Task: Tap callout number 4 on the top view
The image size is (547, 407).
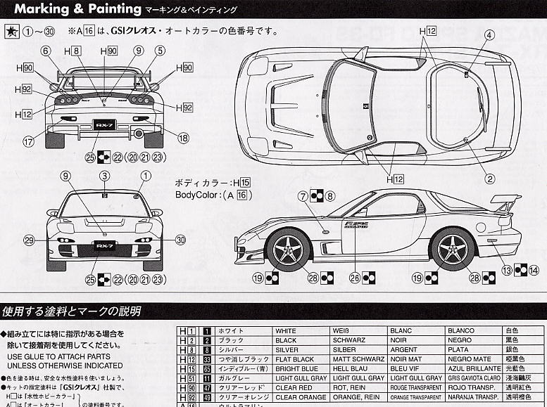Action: tap(488, 35)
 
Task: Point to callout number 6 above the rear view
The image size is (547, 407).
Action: tap(46, 51)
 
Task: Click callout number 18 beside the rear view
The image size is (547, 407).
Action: tap(183, 138)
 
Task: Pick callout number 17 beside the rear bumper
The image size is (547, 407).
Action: tap(28, 141)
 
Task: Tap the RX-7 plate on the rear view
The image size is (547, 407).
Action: tap(104, 125)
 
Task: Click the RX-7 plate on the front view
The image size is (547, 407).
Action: tap(104, 247)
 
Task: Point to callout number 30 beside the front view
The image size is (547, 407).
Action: tap(181, 240)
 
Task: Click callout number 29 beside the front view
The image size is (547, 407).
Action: tap(28, 240)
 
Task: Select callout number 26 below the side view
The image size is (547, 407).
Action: tap(355, 278)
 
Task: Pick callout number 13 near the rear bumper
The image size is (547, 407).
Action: tap(506, 269)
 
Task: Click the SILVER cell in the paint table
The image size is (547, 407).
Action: tap(287, 349)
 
